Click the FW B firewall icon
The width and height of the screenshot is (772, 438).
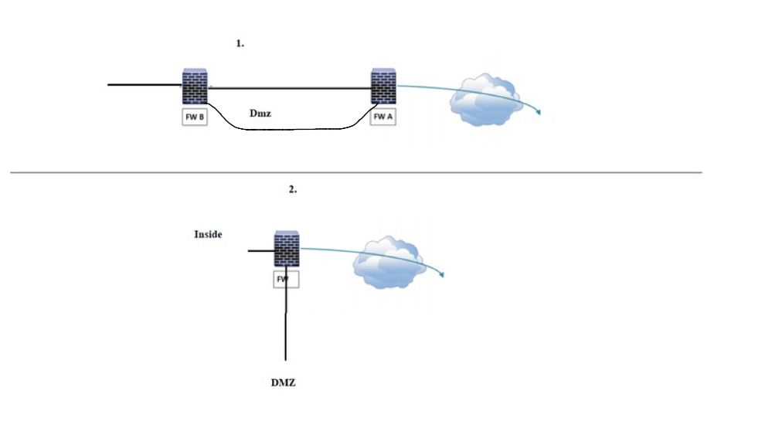click(x=194, y=86)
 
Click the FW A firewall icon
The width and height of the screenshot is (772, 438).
click(x=383, y=86)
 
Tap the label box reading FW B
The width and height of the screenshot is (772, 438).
click(x=194, y=117)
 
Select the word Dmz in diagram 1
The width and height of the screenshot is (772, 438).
click(x=260, y=113)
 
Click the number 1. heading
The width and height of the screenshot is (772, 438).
click(x=240, y=44)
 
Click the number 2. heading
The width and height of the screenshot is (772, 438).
click(x=292, y=189)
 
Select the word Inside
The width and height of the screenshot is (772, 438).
click(x=208, y=234)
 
